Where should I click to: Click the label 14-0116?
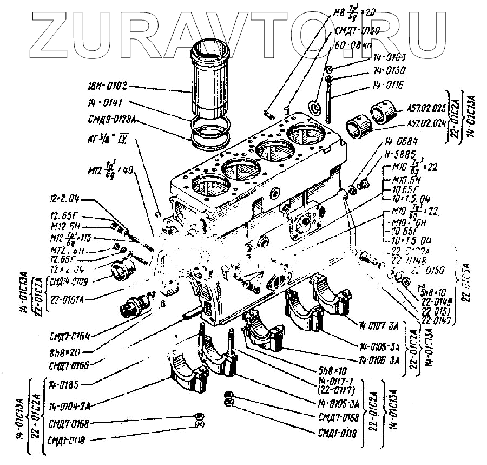click(388, 85)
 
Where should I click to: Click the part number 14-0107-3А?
click(379, 326)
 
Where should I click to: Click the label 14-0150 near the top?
click(389, 71)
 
